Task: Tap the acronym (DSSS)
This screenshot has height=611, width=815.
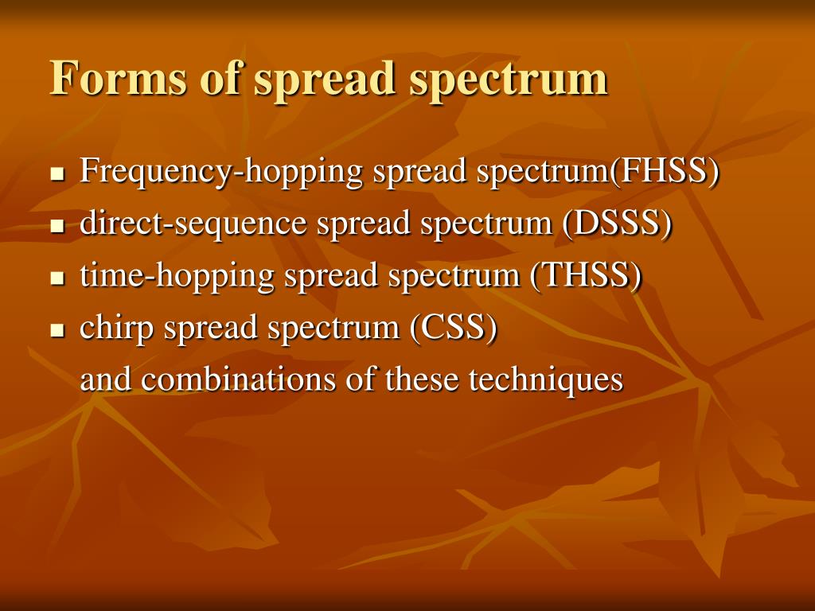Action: click(x=617, y=224)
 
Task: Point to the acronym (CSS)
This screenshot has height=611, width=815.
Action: click(x=454, y=328)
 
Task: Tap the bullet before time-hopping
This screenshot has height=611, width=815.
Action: click(x=57, y=278)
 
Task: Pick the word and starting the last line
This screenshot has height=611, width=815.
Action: click(x=107, y=379)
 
